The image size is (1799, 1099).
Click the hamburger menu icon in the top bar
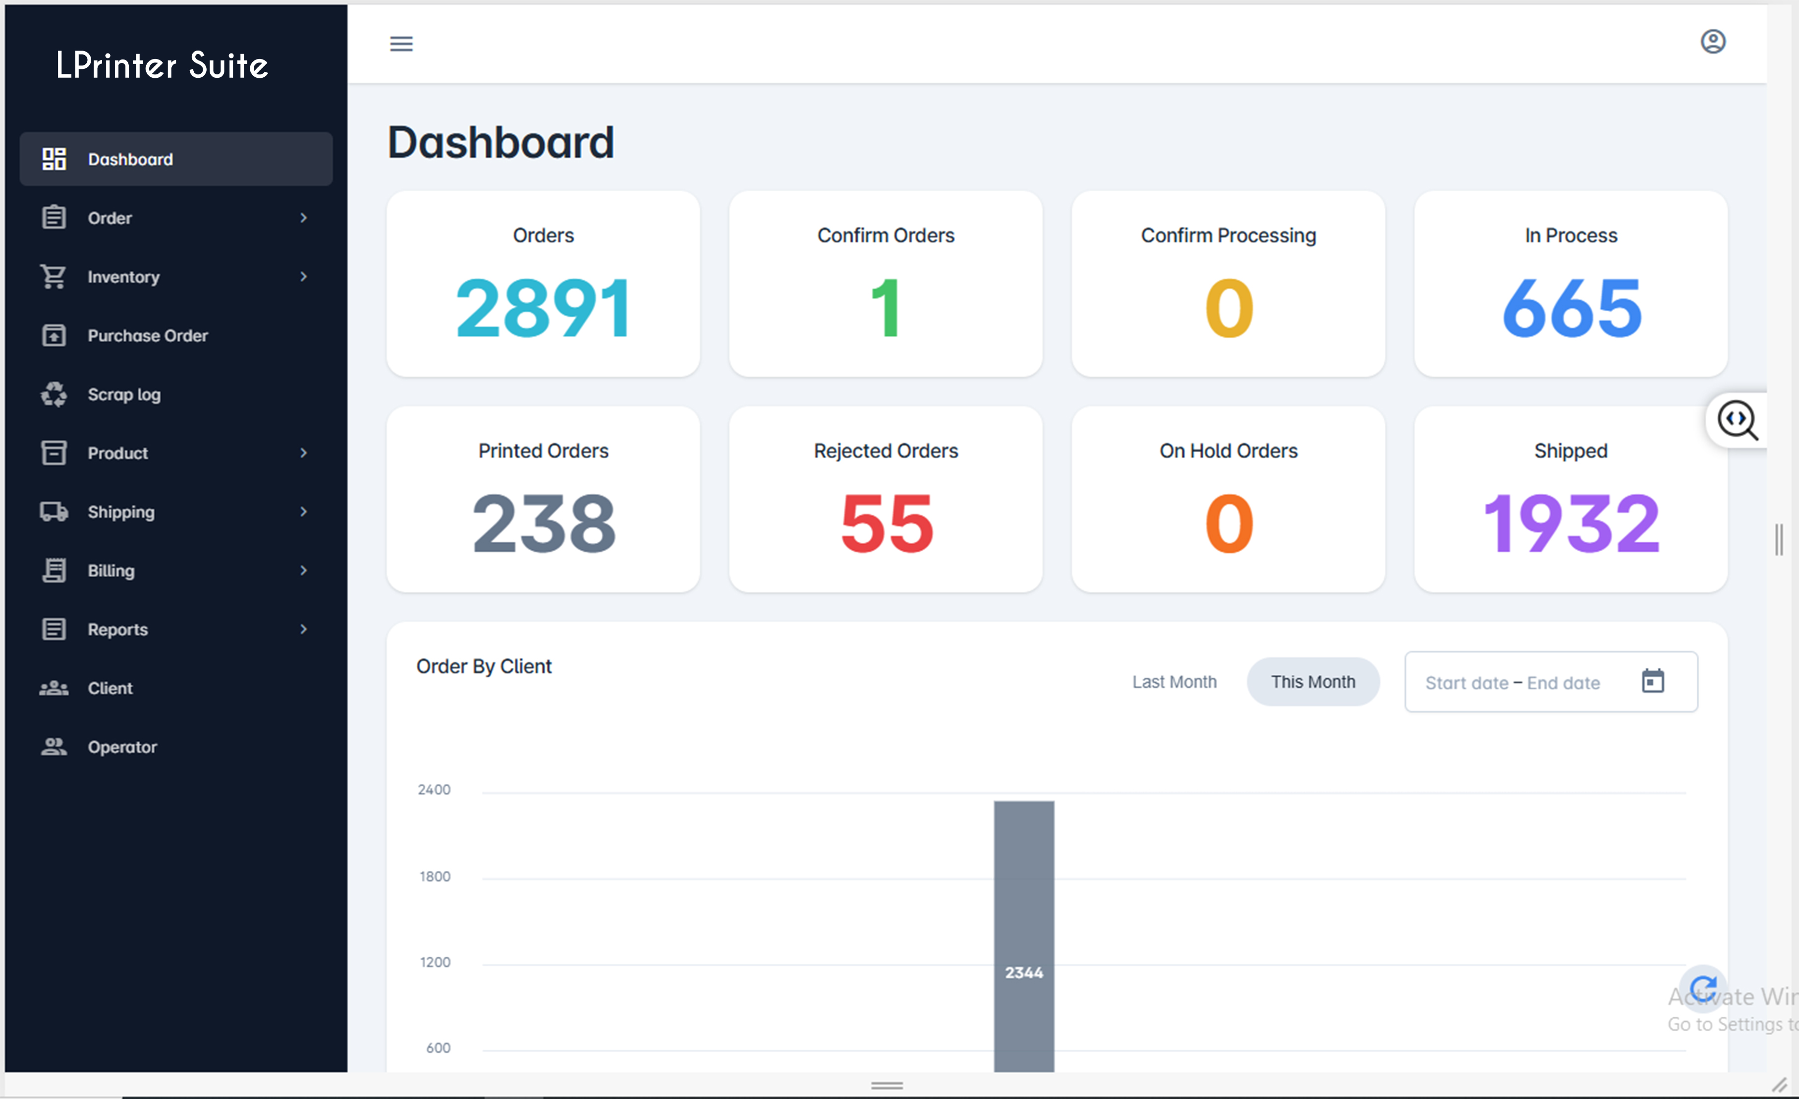tap(401, 44)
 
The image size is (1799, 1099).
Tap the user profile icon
tap(1712, 42)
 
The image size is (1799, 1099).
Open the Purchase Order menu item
tap(148, 336)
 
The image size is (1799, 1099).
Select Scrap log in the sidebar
tap(123, 394)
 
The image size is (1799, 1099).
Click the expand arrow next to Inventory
tap(303, 277)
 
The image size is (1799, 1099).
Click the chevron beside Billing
tap(303, 570)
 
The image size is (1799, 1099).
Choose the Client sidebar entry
tap(110, 688)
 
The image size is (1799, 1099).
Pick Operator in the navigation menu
tap(122, 747)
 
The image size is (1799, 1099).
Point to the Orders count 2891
tap(543, 308)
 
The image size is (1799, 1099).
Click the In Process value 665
tap(1571, 308)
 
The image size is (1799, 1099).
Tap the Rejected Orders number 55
tap(886, 523)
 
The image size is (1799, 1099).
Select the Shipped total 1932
tap(1571, 523)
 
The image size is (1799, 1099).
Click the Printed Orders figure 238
tap(543, 523)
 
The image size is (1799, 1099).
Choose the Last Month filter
tap(1174, 682)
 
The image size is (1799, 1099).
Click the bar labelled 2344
tap(1023, 935)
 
